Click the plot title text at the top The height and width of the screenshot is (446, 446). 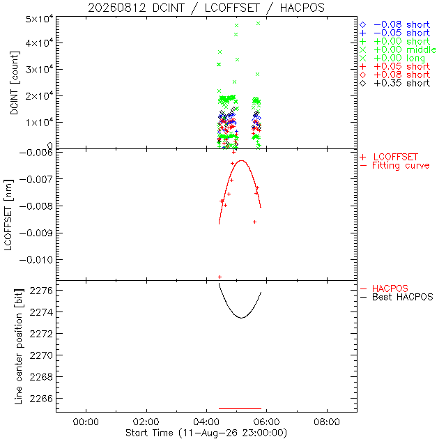(206, 8)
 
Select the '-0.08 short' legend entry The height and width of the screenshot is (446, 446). (395, 25)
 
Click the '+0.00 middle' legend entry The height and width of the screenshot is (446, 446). (398, 49)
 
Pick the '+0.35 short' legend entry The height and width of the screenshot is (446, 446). (395, 84)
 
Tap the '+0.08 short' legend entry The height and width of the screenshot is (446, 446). (395, 75)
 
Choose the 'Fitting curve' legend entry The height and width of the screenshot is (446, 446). (395, 166)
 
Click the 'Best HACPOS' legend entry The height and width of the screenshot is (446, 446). (397, 298)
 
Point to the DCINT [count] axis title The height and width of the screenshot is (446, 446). (14, 83)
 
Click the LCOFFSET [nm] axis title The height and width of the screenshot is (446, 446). (8, 215)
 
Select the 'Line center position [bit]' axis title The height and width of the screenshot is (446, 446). (18, 346)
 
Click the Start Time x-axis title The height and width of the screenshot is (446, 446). (206, 433)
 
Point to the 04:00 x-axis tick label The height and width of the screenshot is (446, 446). (206, 422)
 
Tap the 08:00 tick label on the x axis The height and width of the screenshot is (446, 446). (327, 422)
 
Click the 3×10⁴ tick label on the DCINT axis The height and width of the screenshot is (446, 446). (39, 69)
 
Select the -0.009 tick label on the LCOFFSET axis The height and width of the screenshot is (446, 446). (36, 233)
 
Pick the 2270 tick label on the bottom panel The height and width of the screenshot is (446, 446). (41, 355)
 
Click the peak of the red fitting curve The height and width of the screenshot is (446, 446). (242, 161)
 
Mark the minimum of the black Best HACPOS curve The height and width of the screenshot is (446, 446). (242, 318)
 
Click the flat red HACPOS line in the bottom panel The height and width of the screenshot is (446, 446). (240, 409)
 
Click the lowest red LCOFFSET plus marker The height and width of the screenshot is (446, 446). (220, 277)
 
